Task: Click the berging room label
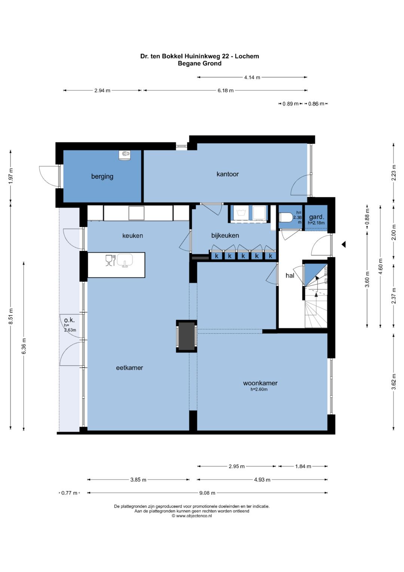point(102,176)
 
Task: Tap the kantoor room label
point(227,174)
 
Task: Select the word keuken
point(132,236)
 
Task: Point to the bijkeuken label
point(225,235)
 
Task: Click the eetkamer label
point(129,368)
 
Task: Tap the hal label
point(290,275)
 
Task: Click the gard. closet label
point(316,217)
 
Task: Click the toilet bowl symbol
point(286,218)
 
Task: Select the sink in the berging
point(125,155)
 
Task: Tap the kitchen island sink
point(125,260)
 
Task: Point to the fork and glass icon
point(110,260)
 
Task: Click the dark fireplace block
point(186,336)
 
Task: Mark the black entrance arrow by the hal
point(343,244)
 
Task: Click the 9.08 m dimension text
point(207,493)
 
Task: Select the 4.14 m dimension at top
point(252,78)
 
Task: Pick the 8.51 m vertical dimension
point(10,317)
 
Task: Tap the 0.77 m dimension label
point(69,493)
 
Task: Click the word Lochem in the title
point(247,56)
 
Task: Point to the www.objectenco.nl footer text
point(192,516)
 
